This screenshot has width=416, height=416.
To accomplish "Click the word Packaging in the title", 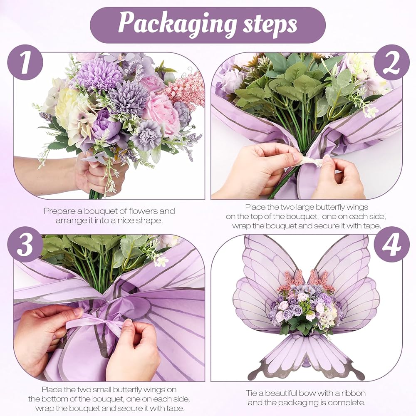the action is [177, 25].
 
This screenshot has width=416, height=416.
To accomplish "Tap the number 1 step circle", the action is [25, 62].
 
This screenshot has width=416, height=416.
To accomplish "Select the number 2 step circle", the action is [392, 62].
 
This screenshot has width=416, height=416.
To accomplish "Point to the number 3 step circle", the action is [25, 244].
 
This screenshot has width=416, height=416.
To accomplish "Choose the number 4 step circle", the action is [392, 244].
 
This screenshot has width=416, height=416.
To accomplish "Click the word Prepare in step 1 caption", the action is [59, 211].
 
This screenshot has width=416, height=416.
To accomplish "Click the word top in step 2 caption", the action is [256, 216].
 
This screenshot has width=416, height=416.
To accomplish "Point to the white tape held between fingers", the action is [311, 161].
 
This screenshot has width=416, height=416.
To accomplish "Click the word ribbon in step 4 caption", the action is [353, 393].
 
